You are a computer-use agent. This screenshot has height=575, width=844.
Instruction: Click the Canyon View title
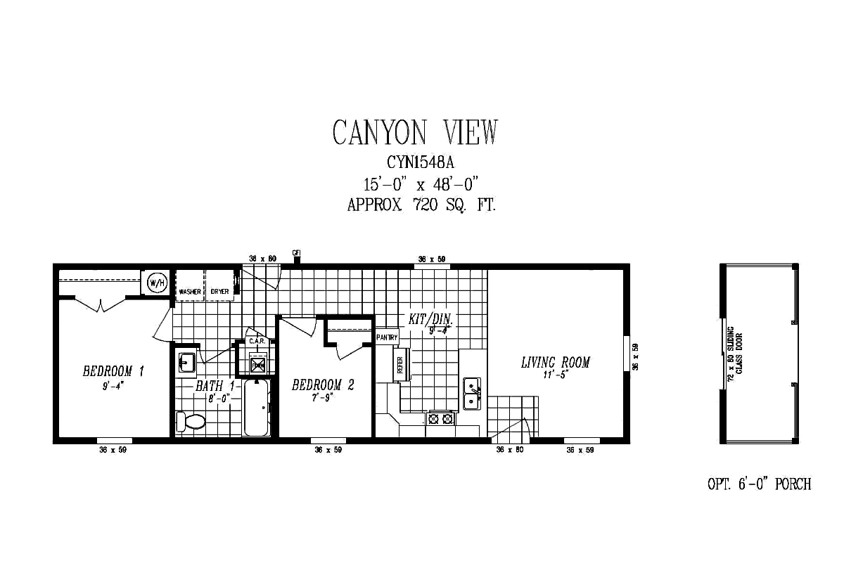415,132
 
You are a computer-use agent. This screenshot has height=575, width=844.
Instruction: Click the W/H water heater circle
157,283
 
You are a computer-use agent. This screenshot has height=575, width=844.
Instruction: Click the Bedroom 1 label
113,371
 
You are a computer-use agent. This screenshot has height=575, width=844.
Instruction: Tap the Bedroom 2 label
322,385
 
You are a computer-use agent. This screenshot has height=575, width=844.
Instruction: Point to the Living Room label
555,363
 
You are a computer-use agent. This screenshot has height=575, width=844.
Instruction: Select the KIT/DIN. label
431,319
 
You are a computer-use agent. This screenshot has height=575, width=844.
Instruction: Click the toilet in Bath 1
190,421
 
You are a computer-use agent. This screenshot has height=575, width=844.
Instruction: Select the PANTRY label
387,337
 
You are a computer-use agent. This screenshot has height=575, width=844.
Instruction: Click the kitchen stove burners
441,419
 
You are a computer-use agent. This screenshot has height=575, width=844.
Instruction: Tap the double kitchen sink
471,394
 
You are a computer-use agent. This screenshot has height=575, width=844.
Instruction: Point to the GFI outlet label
296,252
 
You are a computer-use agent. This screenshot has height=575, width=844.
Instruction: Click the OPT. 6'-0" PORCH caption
759,484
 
